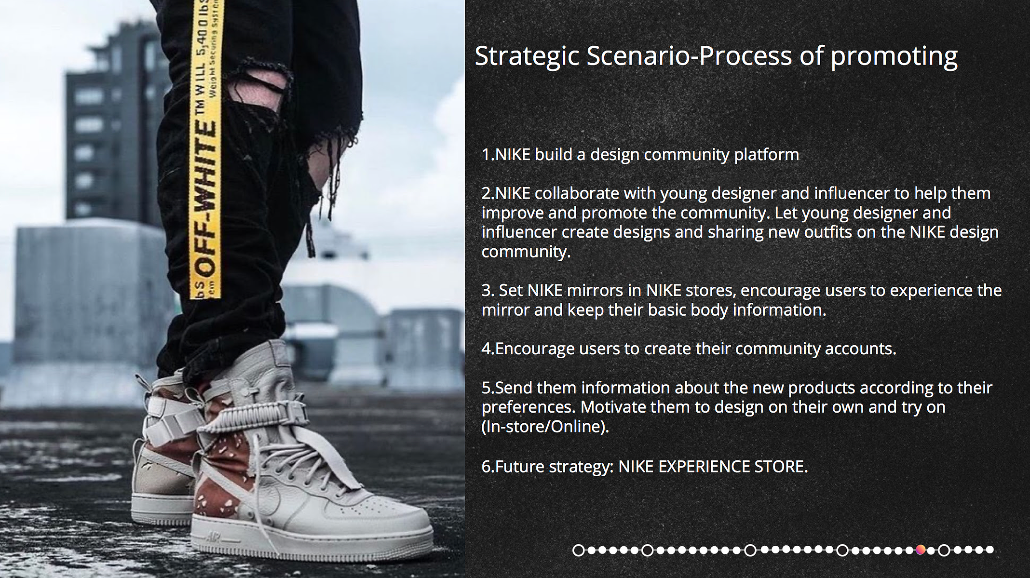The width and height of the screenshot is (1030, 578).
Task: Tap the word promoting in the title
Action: [894, 56]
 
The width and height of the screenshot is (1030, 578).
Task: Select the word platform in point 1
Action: [766, 155]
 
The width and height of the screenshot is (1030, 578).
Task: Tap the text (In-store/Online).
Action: [545, 427]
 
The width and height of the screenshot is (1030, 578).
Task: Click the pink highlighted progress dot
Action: [921, 550]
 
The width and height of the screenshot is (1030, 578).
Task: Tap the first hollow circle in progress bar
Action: [579, 550]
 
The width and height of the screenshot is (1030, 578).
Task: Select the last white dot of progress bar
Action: [989, 550]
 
